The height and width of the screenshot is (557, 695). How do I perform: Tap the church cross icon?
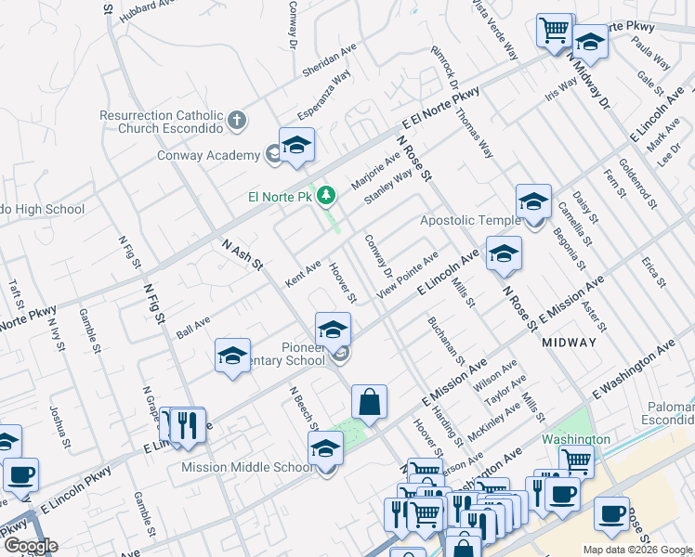point(237,120)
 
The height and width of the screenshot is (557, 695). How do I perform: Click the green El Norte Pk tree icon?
point(325,195)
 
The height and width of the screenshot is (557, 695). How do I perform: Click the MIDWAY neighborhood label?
point(569,343)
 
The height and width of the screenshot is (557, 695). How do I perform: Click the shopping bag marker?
point(369,402)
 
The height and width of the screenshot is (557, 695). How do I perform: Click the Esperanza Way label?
point(323,96)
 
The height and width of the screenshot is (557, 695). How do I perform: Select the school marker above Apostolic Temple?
point(534,201)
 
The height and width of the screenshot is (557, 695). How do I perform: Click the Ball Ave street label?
point(193,326)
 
